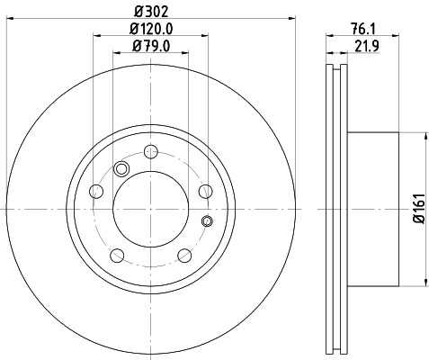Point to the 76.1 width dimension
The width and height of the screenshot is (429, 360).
tap(364, 29)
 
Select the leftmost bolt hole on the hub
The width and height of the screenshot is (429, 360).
tap(95, 191)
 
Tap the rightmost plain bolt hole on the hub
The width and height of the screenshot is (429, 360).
tap(204, 190)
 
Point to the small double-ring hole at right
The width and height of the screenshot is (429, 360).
tap(208, 221)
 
